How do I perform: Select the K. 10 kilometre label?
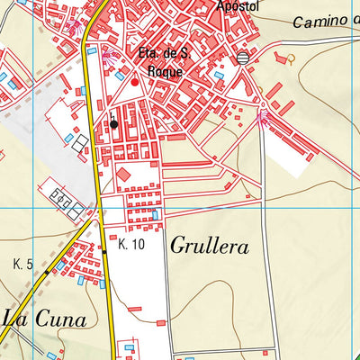click(131, 244)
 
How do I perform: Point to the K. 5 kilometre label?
click(23, 264)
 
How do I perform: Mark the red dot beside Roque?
click(136, 82)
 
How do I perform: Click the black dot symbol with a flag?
click(114, 123)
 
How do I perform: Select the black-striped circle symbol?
click(244, 58)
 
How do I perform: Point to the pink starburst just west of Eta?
click(108, 55)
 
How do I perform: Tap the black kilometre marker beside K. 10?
click(104, 252)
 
